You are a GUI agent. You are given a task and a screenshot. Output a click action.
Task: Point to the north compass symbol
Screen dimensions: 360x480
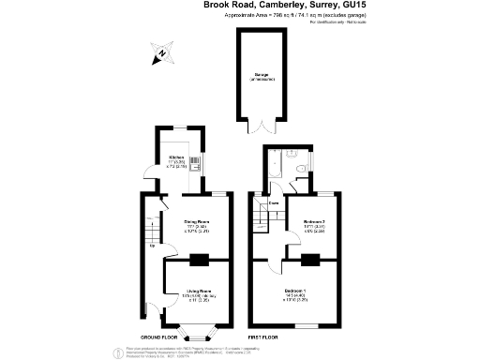click(161, 54)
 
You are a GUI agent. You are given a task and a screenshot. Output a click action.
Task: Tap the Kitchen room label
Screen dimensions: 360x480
click(176, 157)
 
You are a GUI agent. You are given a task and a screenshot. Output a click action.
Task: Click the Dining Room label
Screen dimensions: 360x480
click(195, 223)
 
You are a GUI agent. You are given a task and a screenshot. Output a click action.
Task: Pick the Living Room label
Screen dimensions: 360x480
click(195, 292)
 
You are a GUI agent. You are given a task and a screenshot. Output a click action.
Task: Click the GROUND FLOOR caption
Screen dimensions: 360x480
click(160, 337)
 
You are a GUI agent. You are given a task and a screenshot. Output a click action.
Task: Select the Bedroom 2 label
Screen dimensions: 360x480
click(314, 223)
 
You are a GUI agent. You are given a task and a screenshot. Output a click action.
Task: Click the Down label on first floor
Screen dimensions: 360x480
click(275, 202)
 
